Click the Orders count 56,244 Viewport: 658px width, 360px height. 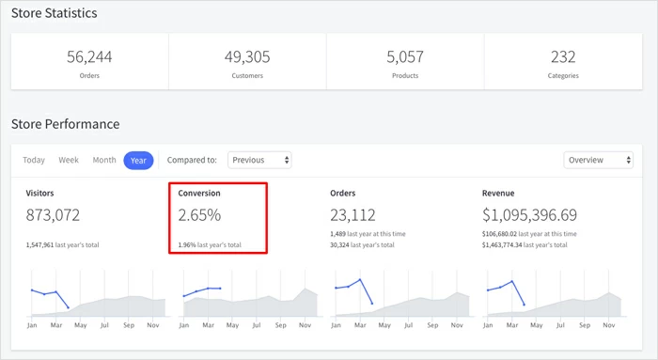point(89,56)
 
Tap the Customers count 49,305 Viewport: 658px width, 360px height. point(247,56)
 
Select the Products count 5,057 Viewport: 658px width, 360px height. point(405,56)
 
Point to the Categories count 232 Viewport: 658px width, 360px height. point(564,56)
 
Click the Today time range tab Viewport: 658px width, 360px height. point(34,160)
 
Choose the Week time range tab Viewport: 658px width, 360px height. point(69,160)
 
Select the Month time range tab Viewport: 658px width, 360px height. point(104,160)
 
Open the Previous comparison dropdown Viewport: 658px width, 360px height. point(260,160)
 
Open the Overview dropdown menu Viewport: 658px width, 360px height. point(599,160)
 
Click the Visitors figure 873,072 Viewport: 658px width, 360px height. point(53,215)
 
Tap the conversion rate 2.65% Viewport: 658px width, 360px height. point(199,215)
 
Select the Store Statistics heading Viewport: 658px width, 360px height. point(54,13)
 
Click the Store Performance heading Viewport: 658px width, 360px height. point(65,123)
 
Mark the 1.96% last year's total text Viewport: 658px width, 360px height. point(210,244)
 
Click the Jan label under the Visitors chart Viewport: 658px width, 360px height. point(31,324)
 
